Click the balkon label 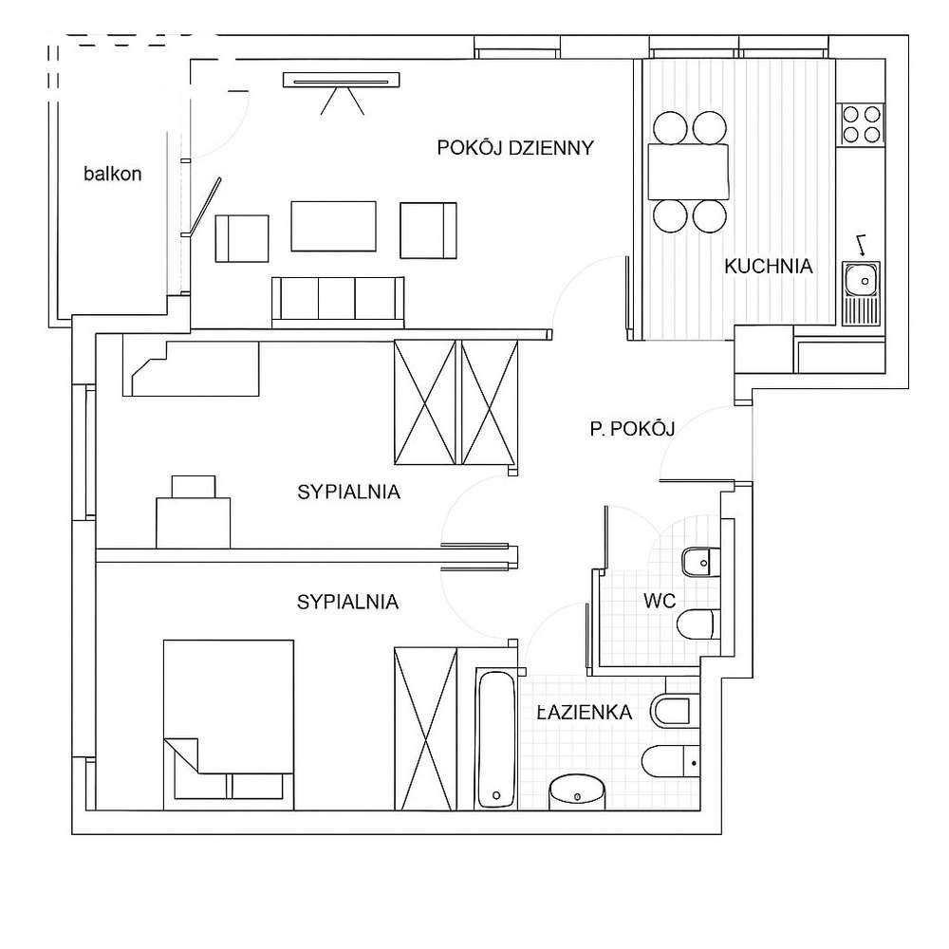click(x=113, y=174)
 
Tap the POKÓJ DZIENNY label click(x=515, y=148)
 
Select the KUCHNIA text click(x=768, y=266)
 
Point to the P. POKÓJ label click(x=632, y=429)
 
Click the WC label click(x=660, y=601)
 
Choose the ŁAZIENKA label click(x=585, y=712)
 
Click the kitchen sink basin click(x=862, y=280)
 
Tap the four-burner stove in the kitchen click(x=861, y=124)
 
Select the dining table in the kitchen click(x=688, y=171)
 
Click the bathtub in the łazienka click(x=496, y=737)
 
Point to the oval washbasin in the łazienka click(x=577, y=791)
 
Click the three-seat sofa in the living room click(x=338, y=302)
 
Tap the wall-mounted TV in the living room click(x=342, y=80)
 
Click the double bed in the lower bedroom click(x=229, y=724)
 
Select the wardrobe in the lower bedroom click(x=425, y=728)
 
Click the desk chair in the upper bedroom click(x=194, y=487)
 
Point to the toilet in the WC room click(x=698, y=624)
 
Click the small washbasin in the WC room click(x=701, y=562)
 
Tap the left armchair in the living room click(x=242, y=238)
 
